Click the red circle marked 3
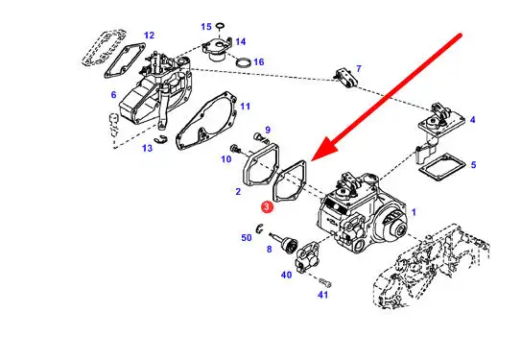tap(267, 206)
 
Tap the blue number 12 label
tap(149, 36)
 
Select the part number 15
tap(206, 27)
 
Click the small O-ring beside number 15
tap(221, 25)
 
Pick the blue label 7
tap(359, 68)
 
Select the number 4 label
tap(472, 120)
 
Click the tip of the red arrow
tap(313, 161)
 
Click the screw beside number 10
tap(236, 149)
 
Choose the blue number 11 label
tap(245, 107)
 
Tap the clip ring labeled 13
tap(161, 140)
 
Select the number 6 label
tap(113, 95)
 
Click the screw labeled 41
tap(325, 283)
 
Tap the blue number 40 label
tap(287, 275)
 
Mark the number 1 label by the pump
tap(414, 212)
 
